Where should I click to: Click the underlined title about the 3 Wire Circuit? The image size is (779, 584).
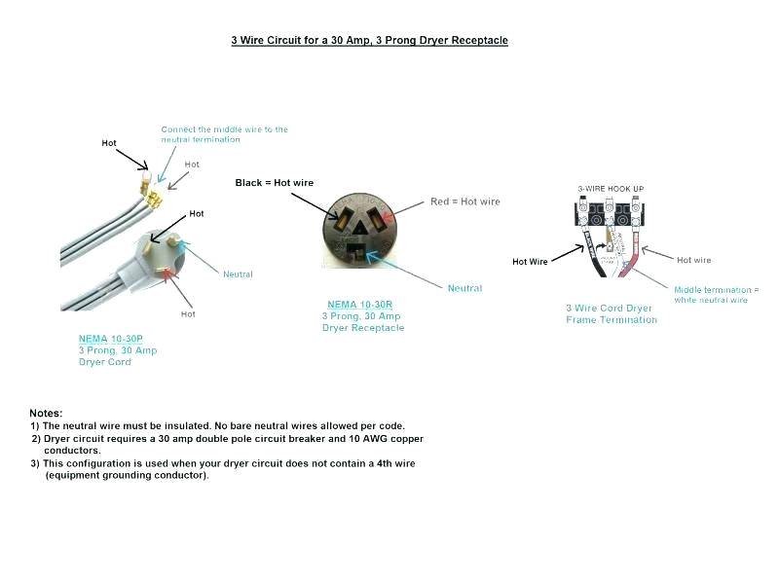click(x=369, y=41)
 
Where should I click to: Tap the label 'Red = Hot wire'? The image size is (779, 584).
click(x=464, y=202)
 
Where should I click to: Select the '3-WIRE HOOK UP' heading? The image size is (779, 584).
click(x=611, y=188)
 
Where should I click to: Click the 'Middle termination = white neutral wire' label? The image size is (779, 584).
click(x=714, y=295)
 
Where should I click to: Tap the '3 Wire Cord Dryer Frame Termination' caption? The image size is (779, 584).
click(x=612, y=314)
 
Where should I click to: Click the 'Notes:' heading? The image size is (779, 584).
click(x=46, y=414)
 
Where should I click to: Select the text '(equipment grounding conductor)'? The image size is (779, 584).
click(x=127, y=475)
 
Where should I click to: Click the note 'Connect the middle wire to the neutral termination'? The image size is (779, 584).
click(x=224, y=134)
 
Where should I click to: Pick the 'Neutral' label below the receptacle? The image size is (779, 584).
click(x=464, y=288)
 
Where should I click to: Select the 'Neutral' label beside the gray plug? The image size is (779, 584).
click(x=238, y=274)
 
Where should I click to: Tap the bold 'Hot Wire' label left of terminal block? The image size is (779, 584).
click(x=530, y=261)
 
